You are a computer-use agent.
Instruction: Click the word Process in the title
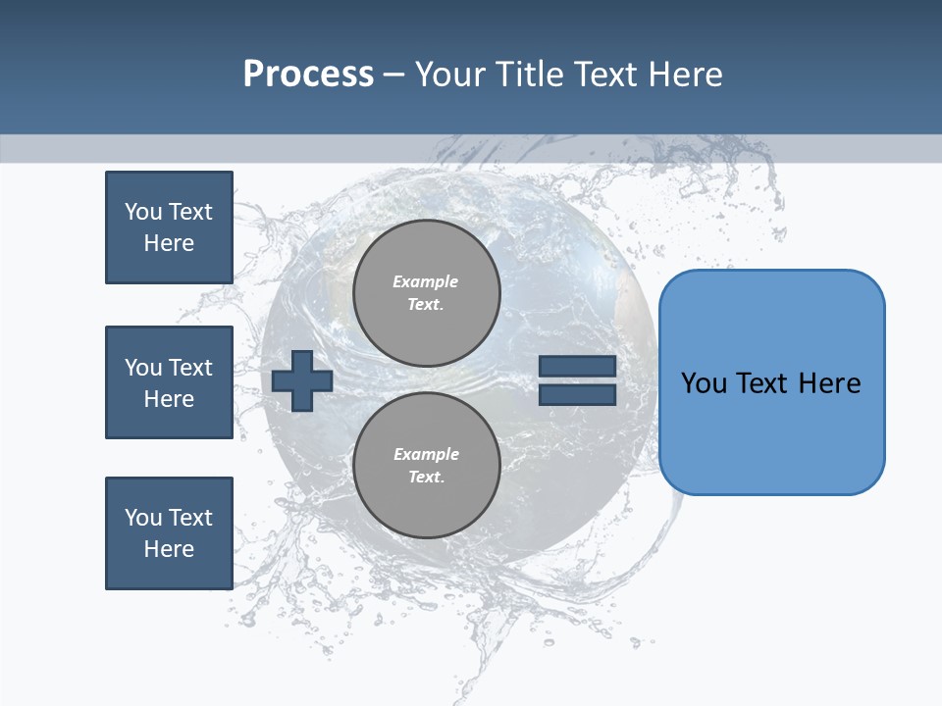click(x=308, y=75)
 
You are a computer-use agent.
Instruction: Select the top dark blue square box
click(x=169, y=227)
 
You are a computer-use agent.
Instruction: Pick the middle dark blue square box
click(x=169, y=382)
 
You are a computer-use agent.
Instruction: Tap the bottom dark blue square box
click(x=169, y=533)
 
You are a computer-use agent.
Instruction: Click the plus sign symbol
click(x=302, y=380)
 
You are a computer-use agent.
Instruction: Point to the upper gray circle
click(x=427, y=292)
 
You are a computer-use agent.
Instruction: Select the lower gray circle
click(x=427, y=465)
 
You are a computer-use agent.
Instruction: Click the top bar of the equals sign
click(x=577, y=366)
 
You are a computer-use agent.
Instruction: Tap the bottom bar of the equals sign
click(x=577, y=394)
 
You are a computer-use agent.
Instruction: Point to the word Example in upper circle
click(x=425, y=281)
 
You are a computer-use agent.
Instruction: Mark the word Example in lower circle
click(x=425, y=454)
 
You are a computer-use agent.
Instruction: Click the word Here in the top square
click(x=169, y=243)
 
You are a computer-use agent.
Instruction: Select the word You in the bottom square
click(x=143, y=518)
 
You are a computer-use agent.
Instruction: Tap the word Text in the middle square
click(x=190, y=368)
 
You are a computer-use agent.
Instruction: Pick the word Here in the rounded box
click(x=829, y=383)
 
